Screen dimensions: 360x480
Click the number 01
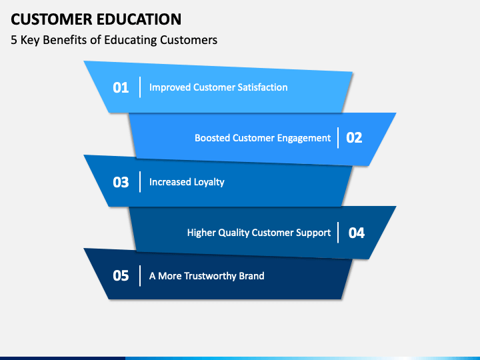tap(121, 87)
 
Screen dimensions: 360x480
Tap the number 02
tap(354, 138)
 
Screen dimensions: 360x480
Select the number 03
tap(121, 182)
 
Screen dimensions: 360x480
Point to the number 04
tap(357, 233)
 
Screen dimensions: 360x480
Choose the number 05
tap(121, 275)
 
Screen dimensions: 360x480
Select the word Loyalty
tap(209, 182)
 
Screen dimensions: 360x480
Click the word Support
tap(313, 233)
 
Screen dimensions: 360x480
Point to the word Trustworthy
tap(211, 275)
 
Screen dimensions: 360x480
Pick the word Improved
tap(169, 87)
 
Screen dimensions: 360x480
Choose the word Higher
tap(201, 233)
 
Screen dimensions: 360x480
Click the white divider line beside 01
tap(140, 87)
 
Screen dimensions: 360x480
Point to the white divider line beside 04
tap(339, 233)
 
